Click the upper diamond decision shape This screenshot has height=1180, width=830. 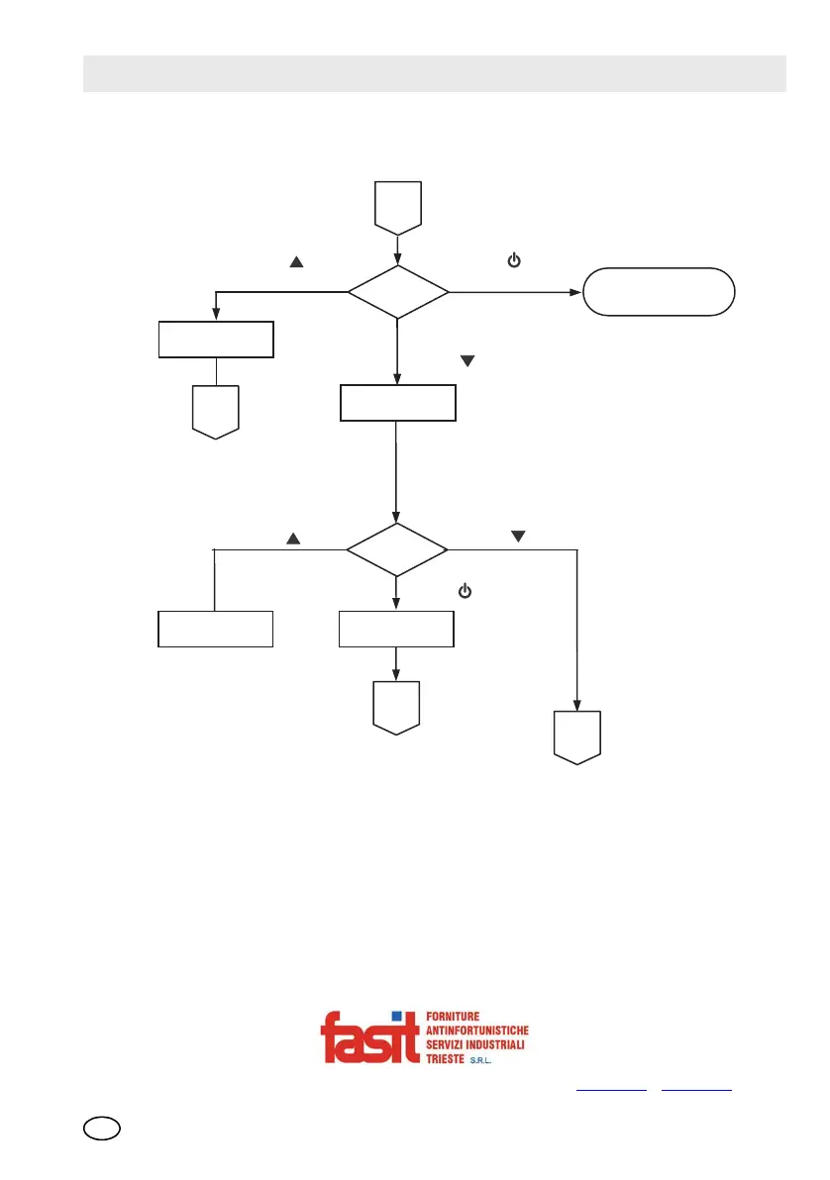(397, 293)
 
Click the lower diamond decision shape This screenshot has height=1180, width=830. (396, 548)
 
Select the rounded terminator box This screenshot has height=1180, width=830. (659, 291)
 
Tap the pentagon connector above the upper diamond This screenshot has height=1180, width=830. (397, 207)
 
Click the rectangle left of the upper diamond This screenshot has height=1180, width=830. (216, 339)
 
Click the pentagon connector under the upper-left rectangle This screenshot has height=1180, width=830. (216, 411)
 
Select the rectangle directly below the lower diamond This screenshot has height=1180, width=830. (396, 629)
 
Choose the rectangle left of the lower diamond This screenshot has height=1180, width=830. (215, 629)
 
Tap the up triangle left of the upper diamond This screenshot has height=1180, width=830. (294, 262)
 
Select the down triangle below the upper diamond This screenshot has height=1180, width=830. (468, 362)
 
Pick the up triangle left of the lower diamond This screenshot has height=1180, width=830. (293, 539)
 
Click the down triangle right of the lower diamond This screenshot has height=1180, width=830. (517, 537)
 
